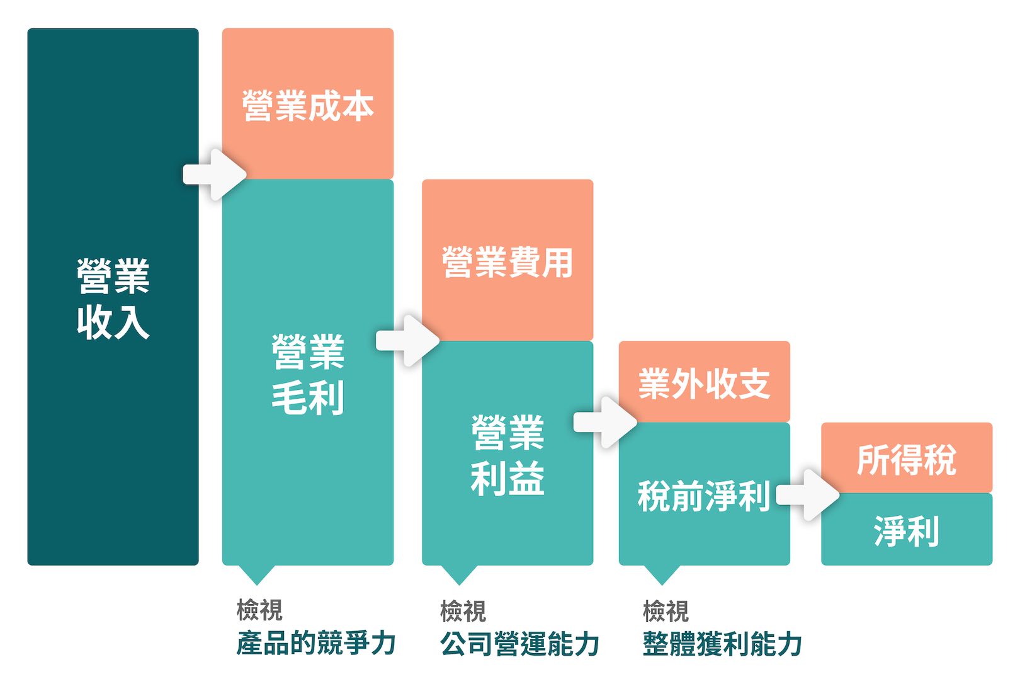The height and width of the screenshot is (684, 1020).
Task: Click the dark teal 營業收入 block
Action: coord(113,297)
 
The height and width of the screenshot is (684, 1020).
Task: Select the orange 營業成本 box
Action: coord(308,104)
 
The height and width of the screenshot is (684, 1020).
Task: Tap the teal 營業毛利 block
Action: coord(308,372)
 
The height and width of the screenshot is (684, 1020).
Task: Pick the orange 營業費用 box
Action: coord(507,260)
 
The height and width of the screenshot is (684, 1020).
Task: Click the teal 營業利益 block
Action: coord(507,453)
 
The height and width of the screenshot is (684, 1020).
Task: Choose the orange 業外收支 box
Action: coord(705,382)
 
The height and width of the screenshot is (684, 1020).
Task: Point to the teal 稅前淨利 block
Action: coord(705,494)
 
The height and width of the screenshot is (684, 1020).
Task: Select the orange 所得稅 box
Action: coord(907,458)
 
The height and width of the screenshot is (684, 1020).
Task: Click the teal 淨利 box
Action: coord(907,529)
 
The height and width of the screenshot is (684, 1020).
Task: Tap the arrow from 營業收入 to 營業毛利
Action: coord(215,174)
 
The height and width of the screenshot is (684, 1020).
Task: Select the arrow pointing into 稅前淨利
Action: coord(605,422)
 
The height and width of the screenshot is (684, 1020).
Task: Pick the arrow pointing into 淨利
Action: coord(808,495)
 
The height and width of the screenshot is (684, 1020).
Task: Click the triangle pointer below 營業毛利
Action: coord(257,574)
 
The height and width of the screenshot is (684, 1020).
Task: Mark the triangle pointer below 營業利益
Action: coord(459,574)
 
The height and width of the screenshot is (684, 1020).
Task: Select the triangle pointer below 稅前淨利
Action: coord(662,574)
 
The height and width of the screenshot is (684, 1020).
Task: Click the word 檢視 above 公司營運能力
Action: coord(463,611)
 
